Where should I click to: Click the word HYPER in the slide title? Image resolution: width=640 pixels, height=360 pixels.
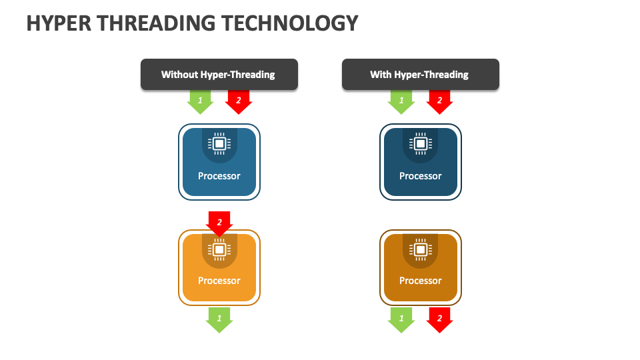(x=59, y=23)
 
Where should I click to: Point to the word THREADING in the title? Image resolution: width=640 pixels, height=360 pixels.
(x=156, y=23)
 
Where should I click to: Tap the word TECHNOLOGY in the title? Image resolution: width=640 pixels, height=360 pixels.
(x=290, y=23)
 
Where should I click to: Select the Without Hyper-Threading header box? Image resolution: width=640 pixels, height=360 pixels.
(x=219, y=74)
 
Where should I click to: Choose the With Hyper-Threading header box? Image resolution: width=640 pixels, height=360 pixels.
(x=421, y=74)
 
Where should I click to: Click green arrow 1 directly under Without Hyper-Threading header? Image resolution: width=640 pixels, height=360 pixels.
(x=200, y=102)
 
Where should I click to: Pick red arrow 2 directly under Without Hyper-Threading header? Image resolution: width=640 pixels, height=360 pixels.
(x=239, y=102)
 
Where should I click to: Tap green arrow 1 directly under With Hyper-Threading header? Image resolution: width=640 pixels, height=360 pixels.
(x=401, y=102)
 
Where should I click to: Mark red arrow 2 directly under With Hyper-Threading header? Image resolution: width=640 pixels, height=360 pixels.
(x=439, y=102)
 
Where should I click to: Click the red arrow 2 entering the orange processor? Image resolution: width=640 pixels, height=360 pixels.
(x=219, y=224)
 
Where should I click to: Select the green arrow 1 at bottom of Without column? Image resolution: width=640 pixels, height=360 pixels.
(x=219, y=320)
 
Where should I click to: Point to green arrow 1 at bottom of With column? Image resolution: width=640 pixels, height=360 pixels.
(x=401, y=320)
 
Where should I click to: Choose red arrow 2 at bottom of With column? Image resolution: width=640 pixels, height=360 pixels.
(x=439, y=320)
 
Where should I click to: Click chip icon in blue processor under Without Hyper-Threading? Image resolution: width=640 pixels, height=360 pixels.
(x=219, y=144)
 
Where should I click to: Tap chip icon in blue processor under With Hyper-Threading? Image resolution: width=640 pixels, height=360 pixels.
(x=421, y=144)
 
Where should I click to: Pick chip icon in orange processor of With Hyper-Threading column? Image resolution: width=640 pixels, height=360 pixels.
(x=421, y=249)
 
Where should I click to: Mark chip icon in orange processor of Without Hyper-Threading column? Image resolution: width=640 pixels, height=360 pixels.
(x=219, y=249)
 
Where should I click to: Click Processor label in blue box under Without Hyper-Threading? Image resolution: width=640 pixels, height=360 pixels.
(x=219, y=176)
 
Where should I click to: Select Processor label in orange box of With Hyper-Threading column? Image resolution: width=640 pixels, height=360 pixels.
(x=421, y=281)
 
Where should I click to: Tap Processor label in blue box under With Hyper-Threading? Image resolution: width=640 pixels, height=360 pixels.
(x=421, y=176)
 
